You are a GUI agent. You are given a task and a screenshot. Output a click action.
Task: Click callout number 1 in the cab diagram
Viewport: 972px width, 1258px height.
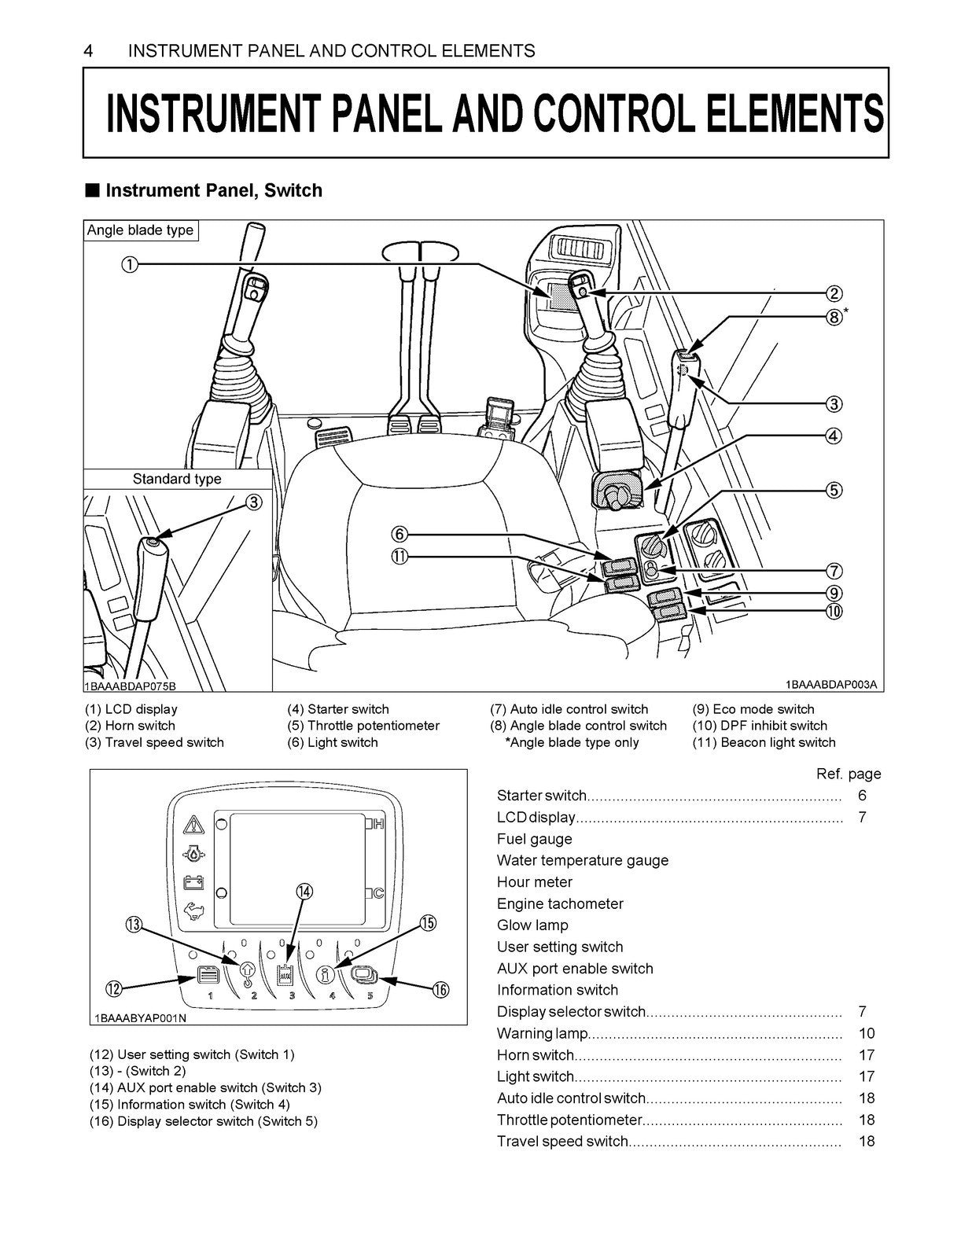(130, 264)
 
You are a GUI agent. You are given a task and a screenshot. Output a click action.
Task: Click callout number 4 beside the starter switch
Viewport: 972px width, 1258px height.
(834, 436)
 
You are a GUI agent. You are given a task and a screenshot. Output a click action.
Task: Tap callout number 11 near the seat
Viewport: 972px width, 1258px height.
(399, 557)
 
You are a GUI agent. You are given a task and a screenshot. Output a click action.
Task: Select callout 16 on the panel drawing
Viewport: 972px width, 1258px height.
(441, 989)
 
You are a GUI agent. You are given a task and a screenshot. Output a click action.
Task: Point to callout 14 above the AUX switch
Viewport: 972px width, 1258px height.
(304, 892)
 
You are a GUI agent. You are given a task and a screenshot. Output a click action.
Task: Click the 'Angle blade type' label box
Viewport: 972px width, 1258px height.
(140, 230)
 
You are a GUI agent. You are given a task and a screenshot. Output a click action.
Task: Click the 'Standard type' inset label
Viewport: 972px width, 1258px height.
(177, 479)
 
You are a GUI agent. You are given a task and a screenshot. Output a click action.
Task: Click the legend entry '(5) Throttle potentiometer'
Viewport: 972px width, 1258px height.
(363, 726)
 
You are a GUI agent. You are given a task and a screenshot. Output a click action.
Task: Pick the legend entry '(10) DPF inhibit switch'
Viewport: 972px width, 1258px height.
(760, 726)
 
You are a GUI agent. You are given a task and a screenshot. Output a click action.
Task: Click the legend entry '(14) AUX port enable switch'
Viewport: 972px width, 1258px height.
(205, 1087)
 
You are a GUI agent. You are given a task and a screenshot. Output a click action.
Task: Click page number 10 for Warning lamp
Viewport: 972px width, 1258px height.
(867, 1033)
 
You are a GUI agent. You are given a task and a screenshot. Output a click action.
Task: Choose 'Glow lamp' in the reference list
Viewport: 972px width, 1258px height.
(532, 925)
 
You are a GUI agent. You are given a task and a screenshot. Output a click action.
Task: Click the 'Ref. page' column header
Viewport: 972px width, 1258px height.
(849, 774)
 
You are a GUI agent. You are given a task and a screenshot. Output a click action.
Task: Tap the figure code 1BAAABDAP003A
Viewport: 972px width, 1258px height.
(830, 685)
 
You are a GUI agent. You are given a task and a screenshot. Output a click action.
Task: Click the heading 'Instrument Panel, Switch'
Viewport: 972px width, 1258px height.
(214, 190)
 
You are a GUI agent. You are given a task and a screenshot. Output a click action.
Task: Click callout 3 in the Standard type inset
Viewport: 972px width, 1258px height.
(254, 502)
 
